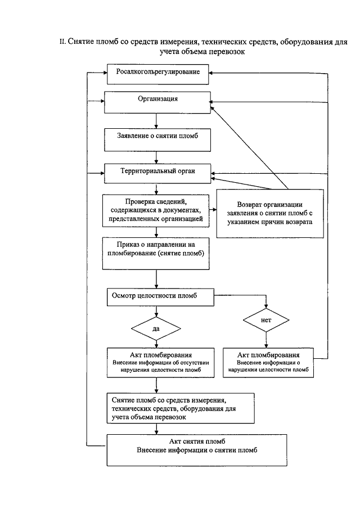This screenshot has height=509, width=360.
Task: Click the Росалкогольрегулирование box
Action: pos(157,74)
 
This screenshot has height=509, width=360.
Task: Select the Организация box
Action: pos(157,102)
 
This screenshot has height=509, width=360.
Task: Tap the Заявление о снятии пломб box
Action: pos(157,140)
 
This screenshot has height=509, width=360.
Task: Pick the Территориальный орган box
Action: pos(157,174)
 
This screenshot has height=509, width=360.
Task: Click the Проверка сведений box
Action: pos(156,211)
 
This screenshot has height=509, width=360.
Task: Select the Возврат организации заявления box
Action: pos(270,214)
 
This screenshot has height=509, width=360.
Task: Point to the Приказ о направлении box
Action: pos(156,254)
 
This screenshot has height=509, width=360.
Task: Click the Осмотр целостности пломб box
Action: pos(160,297)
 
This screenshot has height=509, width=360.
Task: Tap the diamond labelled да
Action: pos(156,328)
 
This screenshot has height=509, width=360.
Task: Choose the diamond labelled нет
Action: pos(266,320)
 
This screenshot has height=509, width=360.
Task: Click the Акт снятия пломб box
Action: pos(197,451)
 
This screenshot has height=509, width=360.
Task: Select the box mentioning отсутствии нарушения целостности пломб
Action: pos(161,363)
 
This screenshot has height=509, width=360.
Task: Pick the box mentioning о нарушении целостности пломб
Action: pos(268,363)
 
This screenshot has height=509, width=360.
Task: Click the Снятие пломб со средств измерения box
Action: pos(181,408)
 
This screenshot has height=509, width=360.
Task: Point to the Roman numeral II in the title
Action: pos(62,42)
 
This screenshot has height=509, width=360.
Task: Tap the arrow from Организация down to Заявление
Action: pos(156,121)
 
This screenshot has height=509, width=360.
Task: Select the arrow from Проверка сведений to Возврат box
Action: pos(213,210)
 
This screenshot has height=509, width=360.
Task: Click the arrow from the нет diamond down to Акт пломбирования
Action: pos(266,340)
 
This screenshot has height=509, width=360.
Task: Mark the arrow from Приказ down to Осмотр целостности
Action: pos(156,279)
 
